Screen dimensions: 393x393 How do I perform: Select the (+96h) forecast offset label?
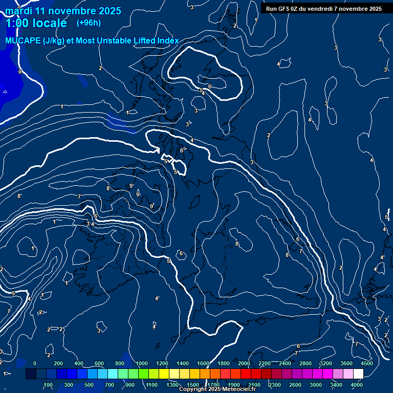(x=89, y=23)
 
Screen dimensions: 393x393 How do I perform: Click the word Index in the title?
(x=168, y=40)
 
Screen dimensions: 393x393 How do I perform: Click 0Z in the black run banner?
(x=295, y=9)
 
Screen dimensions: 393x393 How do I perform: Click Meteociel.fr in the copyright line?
(x=239, y=389)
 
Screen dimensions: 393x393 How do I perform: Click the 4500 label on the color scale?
(x=367, y=363)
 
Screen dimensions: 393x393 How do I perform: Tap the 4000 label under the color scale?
(x=357, y=385)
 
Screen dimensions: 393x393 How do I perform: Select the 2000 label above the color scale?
(x=244, y=363)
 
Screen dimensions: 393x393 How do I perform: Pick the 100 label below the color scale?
(x=48, y=385)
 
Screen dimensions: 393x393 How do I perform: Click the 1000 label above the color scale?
(x=142, y=363)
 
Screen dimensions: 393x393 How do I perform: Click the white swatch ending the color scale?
(x=358, y=374)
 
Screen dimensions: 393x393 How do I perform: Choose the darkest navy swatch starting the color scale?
(x=31, y=374)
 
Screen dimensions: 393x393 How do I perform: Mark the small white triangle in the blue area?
(x=5, y=92)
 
